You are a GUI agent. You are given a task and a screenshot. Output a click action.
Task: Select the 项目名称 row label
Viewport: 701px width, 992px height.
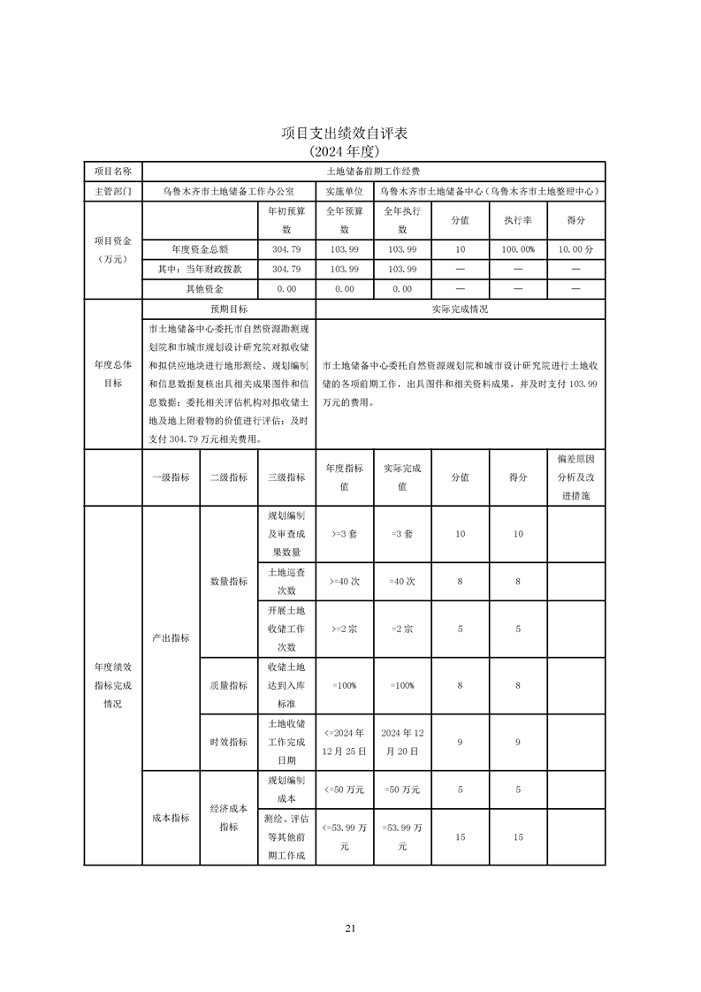coord(112,171)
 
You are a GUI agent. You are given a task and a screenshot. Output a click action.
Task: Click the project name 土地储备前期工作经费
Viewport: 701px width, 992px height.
coord(373,171)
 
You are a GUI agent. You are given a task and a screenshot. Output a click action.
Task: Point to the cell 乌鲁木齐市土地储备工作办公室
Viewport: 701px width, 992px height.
coord(228,191)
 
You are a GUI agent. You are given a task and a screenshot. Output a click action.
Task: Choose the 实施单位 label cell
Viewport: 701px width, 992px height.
coord(344,191)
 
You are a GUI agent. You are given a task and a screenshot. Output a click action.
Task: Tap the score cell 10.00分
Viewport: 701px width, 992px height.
coord(575,249)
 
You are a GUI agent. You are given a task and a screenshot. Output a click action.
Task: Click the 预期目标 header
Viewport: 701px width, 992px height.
coord(228,310)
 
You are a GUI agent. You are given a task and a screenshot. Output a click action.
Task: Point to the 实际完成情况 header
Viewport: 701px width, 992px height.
coord(460,310)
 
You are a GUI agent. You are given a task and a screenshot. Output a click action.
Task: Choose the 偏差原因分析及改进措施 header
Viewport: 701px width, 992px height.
coord(575,477)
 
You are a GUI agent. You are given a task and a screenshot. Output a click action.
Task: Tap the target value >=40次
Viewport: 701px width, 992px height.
coord(344,581)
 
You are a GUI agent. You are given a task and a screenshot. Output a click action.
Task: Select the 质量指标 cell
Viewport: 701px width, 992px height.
coord(228,684)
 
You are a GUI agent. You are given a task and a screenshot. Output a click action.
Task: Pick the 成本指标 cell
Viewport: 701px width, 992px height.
coord(171,818)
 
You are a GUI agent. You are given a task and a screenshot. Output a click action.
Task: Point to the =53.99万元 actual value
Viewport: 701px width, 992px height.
coord(402,836)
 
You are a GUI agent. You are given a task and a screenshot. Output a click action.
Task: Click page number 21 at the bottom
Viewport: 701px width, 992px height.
coord(350,928)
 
